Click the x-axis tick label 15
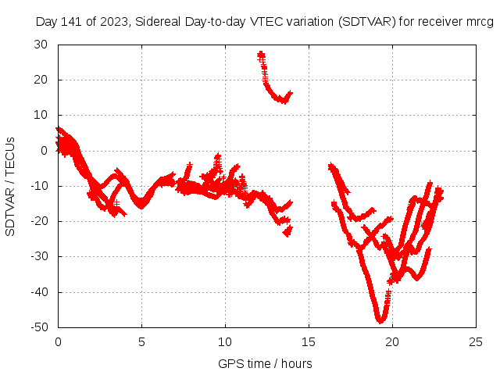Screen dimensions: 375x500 [309, 341]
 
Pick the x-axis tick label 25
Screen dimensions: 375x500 [476, 341]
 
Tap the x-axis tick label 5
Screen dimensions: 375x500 [141, 341]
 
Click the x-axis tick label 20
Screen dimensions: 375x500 [392, 341]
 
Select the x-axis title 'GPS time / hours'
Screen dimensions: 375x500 [265, 363]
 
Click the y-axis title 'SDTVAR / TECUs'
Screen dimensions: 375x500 [11, 186]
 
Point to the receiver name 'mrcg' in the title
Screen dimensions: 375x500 [479, 22]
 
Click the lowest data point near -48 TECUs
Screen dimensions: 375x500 [380, 320]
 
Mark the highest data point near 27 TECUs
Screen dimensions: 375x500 [261, 55]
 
